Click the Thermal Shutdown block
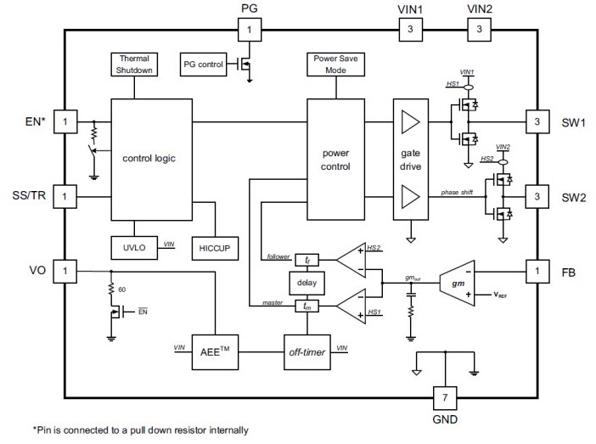click(133, 65)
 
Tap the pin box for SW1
click(537, 122)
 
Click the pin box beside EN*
click(65, 122)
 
